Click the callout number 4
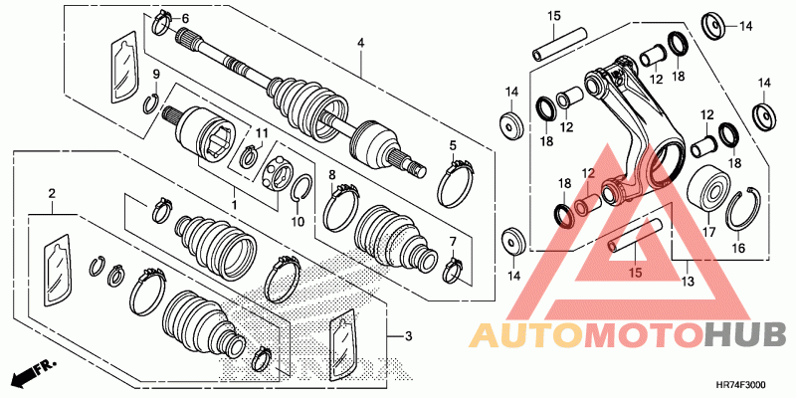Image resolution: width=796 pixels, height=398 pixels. pyautogui.click(x=360, y=44)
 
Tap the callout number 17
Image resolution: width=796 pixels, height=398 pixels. pyautogui.click(x=708, y=233)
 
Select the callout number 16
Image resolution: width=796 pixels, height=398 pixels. pyautogui.click(x=738, y=248)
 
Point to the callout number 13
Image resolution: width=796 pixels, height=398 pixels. pyautogui.click(x=689, y=282)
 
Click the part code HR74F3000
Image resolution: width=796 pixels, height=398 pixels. pyautogui.click(x=742, y=386)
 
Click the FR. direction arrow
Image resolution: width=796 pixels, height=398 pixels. pyautogui.click(x=35, y=372)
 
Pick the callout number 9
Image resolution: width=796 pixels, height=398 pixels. pyautogui.click(x=156, y=75)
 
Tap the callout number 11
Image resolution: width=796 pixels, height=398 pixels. pyautogui.click(x=261, y=133)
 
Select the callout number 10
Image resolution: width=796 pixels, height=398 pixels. pyautogui.click(x=298, y=221)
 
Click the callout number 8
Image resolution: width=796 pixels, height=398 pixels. pyautogui.click(x=332, y=175)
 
